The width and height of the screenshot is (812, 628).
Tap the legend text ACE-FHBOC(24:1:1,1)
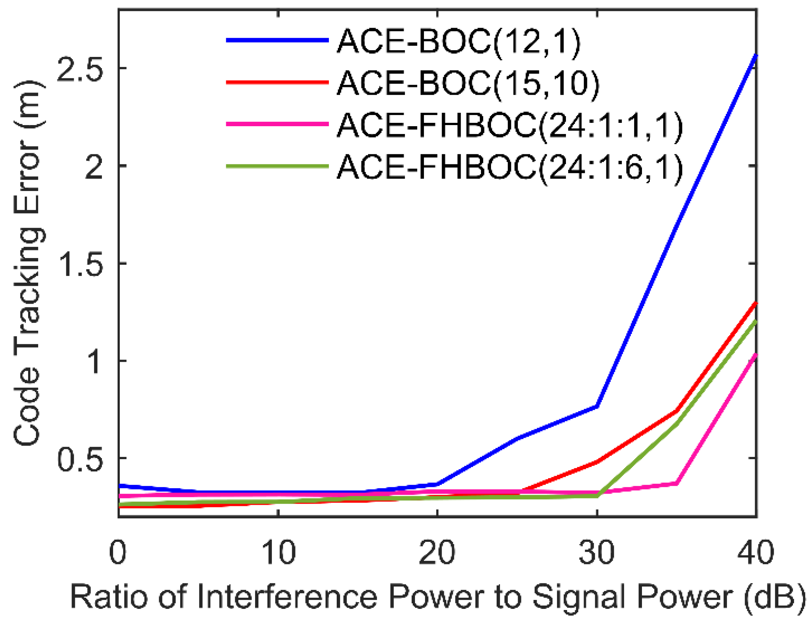coord(510,125)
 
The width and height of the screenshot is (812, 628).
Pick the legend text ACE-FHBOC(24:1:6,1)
coord(510,167)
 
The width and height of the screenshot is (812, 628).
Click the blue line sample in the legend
coord(277,40)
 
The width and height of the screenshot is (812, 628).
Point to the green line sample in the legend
coord(277,166)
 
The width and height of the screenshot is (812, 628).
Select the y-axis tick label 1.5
coord(80,264)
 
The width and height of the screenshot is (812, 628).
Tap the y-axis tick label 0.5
coord(80,458)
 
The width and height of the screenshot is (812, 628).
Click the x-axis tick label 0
coord(118,552)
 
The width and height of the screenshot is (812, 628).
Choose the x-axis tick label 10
coord(278,552)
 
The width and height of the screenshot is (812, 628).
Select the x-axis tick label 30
coord(597,552)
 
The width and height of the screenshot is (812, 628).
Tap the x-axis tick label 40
coord(755,552)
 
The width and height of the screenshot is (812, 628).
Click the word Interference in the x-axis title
coord(287,597)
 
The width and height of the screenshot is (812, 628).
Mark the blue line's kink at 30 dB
coord(597,406)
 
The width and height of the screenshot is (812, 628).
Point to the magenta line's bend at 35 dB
coord(676,483)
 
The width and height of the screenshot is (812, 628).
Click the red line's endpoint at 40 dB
coord(756,303)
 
